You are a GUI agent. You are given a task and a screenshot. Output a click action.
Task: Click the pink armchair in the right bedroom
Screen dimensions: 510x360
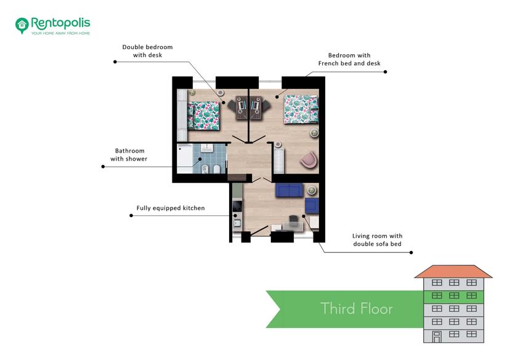[309, 160]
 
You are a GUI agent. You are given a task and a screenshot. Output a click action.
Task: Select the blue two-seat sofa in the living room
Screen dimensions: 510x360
[289, 190]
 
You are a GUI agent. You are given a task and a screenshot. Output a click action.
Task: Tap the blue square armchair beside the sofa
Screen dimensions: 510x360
[312, 206]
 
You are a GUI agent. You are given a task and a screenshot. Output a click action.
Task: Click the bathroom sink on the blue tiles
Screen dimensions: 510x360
[206, 148]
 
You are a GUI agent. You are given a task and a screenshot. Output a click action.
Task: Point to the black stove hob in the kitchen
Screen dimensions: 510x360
[237, 206]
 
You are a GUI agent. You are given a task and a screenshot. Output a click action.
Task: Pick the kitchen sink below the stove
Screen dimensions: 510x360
[237, 223]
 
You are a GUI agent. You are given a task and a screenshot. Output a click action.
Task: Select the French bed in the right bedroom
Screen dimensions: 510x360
[301, 110]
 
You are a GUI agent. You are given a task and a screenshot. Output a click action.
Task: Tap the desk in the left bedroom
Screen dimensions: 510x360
[241, 108]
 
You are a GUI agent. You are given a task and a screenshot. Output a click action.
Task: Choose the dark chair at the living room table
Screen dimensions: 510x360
[293, 220]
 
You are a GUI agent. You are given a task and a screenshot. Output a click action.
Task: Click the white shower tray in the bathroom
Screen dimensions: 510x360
[185, 158]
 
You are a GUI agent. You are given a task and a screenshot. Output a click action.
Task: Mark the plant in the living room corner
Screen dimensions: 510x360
[312, 190]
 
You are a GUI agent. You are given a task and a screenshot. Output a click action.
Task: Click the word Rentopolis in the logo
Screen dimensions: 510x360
[60, 23]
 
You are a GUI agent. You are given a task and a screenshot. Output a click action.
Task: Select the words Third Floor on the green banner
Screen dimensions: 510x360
[357, 308]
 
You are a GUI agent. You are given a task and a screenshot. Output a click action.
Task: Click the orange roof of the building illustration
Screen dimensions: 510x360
[453, 271]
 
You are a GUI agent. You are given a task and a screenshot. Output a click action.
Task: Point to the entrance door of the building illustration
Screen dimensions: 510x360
[437, 337]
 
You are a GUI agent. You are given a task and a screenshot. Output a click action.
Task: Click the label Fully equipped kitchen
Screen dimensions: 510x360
[171, 208]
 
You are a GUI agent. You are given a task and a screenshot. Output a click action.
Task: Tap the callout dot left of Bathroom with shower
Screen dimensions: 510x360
[103, 167]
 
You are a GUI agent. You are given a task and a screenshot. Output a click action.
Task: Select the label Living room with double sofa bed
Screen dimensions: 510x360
[378, 240]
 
